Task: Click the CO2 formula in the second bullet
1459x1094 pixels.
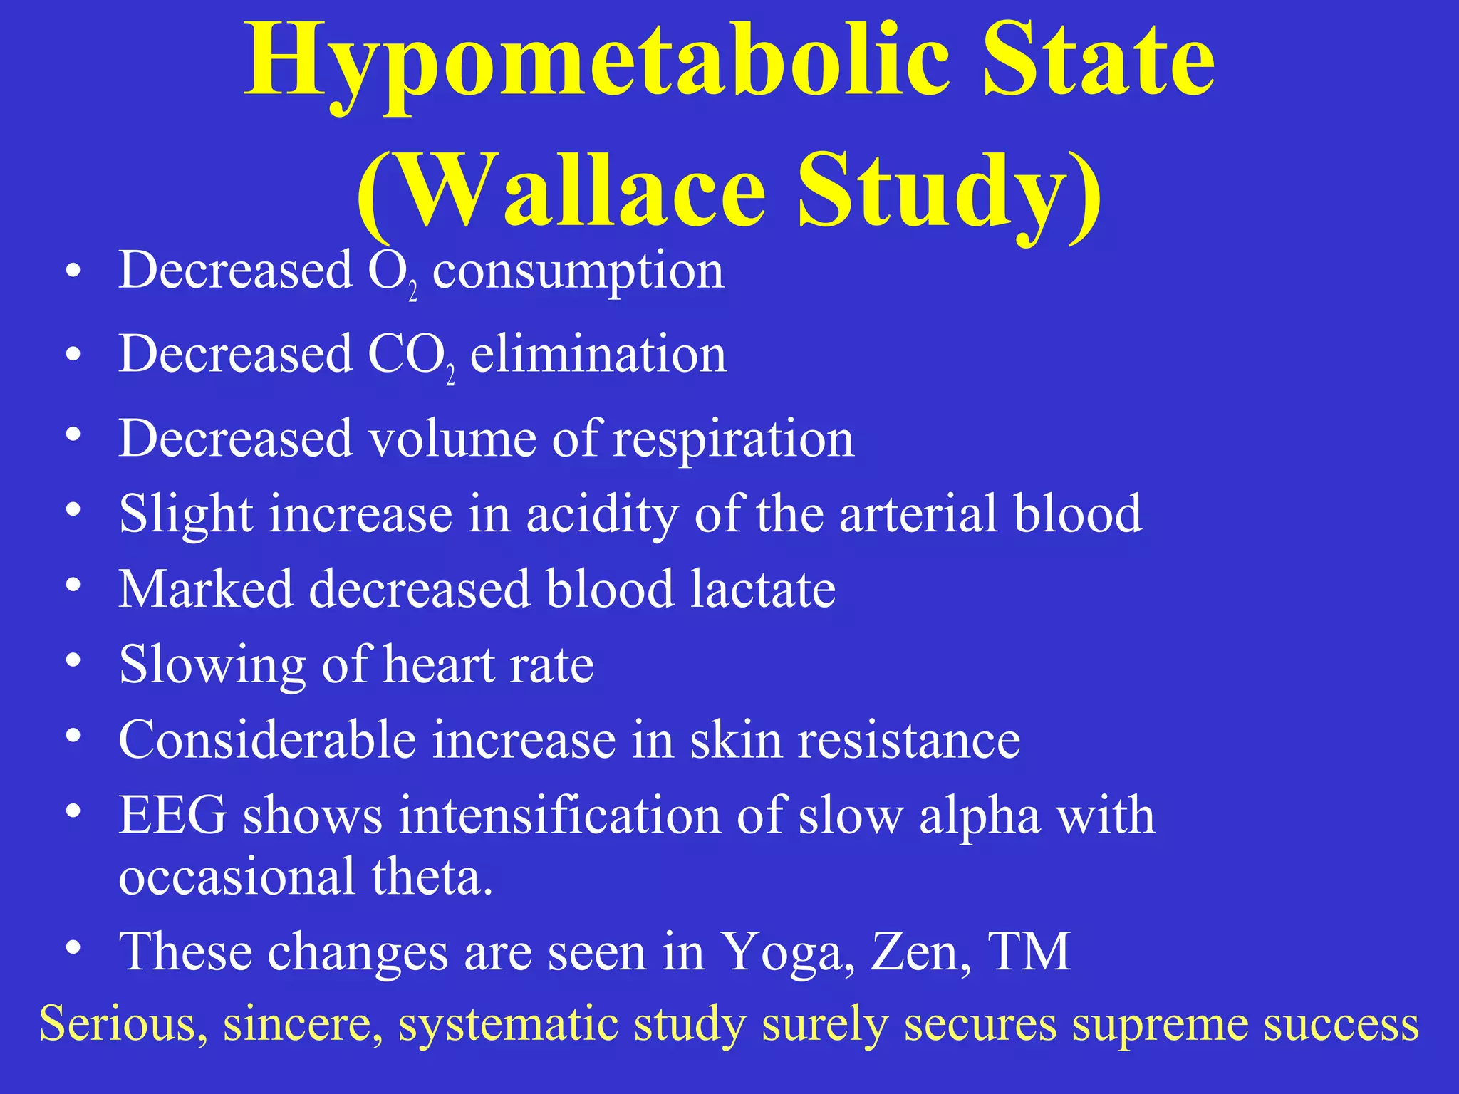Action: (410, 356)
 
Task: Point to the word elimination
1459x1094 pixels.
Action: (598, 354)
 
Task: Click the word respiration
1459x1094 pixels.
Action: (733, 439)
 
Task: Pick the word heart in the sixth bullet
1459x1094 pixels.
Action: (437, 665)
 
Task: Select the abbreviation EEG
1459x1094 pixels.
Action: (173, 815)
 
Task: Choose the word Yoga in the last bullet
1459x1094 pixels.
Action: (787, 953)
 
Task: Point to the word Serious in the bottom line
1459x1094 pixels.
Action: (118, 1023)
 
